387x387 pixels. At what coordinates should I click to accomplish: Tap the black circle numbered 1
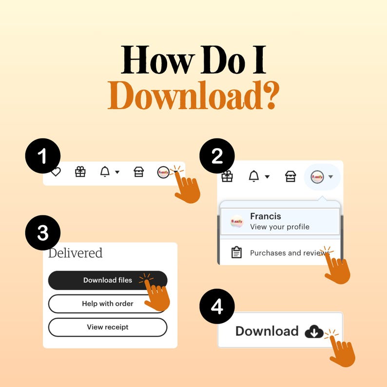[x=43, y=156]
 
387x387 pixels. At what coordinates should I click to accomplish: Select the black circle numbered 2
[x=217, y=156]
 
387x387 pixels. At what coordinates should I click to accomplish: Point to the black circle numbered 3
[x=43, y=232]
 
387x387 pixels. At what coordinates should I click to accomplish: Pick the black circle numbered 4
[x=217, y=306]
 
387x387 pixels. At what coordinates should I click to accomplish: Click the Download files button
[x=108, y=280]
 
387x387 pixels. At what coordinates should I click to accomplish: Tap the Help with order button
[x=108, y=304]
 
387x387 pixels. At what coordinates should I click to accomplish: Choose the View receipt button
[x=108, y=327]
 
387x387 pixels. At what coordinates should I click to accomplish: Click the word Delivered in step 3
[x=75, y=253]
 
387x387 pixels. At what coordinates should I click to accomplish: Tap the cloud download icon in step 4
[x=314, y=331]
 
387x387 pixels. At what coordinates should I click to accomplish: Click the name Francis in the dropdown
[x=266, y=216]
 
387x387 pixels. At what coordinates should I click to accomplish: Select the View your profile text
[x=280, y=227]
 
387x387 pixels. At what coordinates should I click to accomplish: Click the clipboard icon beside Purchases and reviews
[x=236, y=252]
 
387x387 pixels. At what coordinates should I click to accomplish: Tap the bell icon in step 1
[x=105, y=171]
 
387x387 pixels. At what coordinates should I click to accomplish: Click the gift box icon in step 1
[x=80, y=172]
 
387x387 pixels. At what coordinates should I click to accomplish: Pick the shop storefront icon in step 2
[x=290, y=176]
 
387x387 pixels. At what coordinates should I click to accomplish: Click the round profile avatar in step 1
[x=163, y=172]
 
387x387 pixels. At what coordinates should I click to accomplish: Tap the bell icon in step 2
[x=254, y=176]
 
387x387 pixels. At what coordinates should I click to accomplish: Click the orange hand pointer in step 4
[x=342, y=350]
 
